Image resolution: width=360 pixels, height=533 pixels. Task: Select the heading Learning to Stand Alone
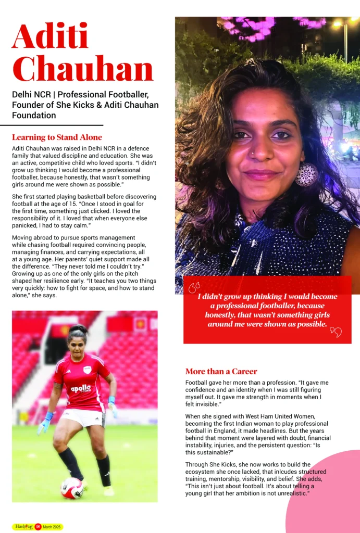tap(57, 138)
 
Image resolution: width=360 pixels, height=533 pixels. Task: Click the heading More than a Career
tap(221, 372)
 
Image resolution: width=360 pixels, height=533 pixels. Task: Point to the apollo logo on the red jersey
tap(81, 388)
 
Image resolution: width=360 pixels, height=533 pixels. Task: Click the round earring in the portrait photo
tap(306, 175)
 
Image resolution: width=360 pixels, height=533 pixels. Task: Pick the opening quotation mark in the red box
tap(194, 288)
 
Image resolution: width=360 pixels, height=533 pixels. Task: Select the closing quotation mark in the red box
tap(336, 332)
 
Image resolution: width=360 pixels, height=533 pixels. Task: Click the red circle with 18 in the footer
tap(38, 527)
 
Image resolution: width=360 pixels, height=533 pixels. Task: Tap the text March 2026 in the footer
tap(52, 527)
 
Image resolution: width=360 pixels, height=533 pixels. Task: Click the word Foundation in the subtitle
tap(34, 116)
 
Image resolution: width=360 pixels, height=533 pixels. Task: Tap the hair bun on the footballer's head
tap(78, 328)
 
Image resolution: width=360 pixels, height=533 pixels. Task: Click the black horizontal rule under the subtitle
tap(52, 125)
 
